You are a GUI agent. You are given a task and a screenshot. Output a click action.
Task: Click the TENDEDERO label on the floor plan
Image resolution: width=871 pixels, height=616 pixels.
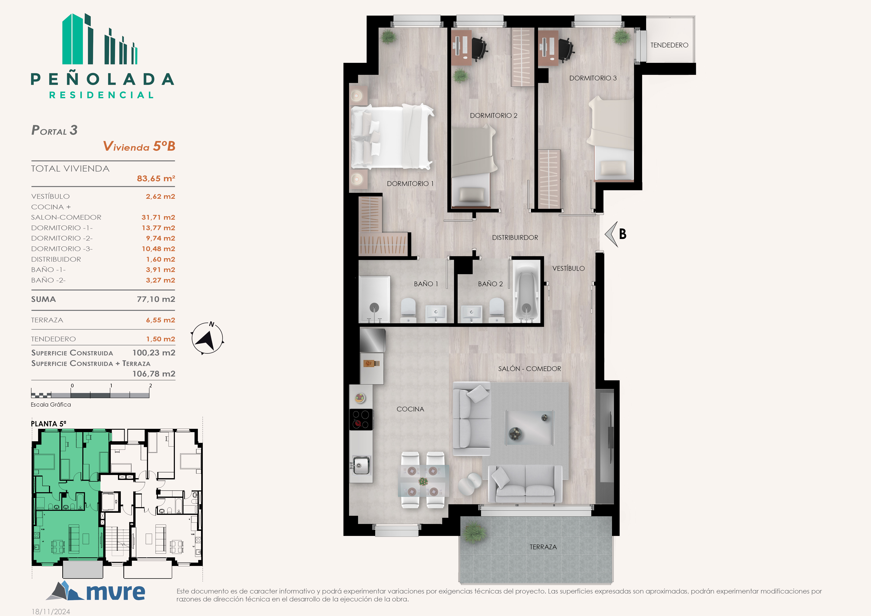coord(669,45)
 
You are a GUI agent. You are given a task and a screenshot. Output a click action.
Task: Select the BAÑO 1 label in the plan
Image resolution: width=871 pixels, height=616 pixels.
coord(426,284)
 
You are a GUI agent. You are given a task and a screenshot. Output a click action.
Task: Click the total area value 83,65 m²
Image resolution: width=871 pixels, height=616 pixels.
coord(156,178)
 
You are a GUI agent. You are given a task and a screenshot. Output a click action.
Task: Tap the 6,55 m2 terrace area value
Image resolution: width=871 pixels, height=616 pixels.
coord(160,320)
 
